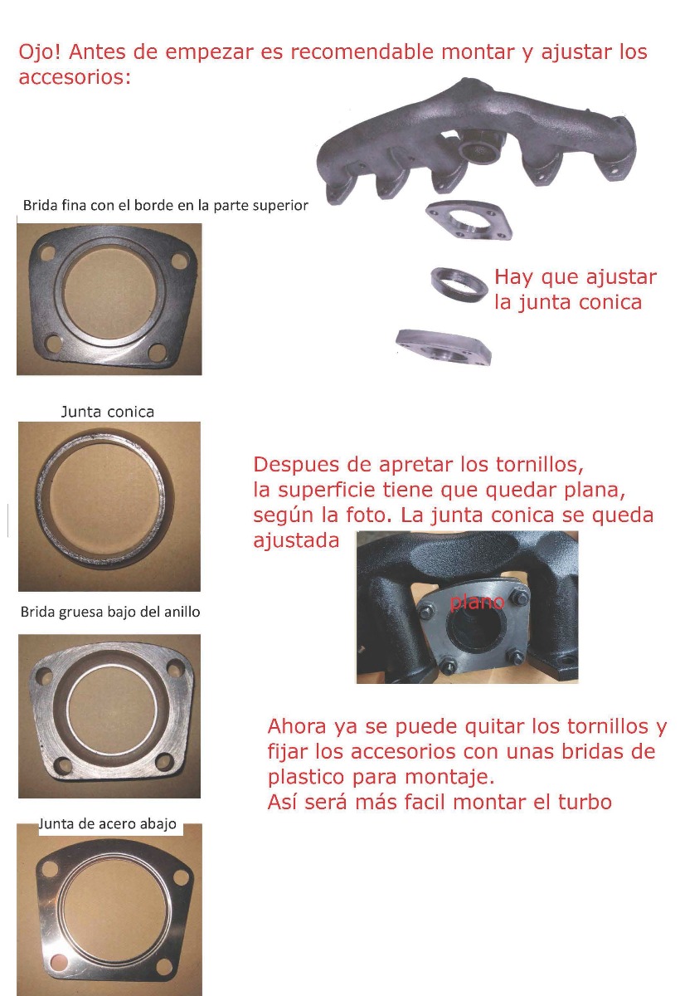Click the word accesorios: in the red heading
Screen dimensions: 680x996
(75, 77)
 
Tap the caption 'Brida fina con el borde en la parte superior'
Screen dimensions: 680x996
(165, 206)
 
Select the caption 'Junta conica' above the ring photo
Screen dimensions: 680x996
(108, 412)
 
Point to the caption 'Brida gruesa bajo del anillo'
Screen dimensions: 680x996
(110, 612)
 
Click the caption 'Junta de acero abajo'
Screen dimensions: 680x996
(108, 824)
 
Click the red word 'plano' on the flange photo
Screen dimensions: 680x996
(477, 603)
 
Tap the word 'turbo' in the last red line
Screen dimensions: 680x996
(585, 803)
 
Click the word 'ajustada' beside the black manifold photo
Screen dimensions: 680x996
(296, 540)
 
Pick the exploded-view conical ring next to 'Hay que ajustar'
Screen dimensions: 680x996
(459, 286)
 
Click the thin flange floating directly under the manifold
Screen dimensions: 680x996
(469, 221)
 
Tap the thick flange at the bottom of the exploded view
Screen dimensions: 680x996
(444, 347)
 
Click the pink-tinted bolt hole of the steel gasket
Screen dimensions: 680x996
(58, 962)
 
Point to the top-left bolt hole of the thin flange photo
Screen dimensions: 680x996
(46, 254)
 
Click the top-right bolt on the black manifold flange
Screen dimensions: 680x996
(517, 597)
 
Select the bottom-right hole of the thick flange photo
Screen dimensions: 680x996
(163, 762)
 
